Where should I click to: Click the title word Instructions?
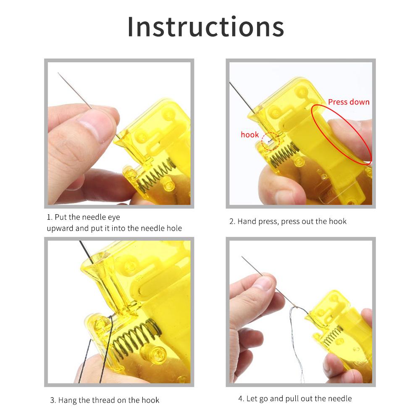point(206,26)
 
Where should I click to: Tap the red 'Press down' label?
point(349,102)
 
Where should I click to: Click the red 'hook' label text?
point(249,135)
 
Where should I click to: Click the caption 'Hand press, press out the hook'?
point(288,221)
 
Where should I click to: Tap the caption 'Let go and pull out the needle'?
point(295,398)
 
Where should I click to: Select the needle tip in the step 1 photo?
point(59,74)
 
